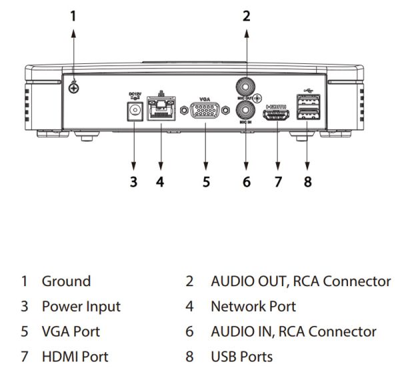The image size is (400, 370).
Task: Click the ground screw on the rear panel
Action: [x=75, y=85]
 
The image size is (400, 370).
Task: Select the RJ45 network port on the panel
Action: [x=159, y=110]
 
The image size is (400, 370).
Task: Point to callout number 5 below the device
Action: [x=206, y=181]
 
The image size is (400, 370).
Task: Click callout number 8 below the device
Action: [x=307, y=181]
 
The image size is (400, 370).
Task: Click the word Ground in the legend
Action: [x=66, y=281]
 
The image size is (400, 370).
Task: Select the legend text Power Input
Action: [x=81, y=307]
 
